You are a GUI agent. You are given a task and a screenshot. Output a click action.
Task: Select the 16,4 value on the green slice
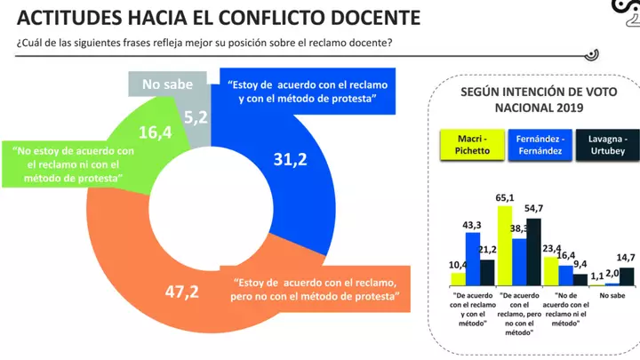pyautogui.click(x=156, y=132)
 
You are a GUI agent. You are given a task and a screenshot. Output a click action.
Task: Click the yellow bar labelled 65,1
pyautogui.click(x=505, y=244)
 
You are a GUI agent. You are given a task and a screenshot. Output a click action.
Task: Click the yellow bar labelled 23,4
pyautogui.click(x=550, y=271)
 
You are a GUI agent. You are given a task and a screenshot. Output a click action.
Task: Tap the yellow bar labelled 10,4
pyautogui.click(x=458, y=279)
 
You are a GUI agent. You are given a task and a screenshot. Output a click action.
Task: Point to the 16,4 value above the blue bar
pyautogui.click(x=565, y=255)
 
